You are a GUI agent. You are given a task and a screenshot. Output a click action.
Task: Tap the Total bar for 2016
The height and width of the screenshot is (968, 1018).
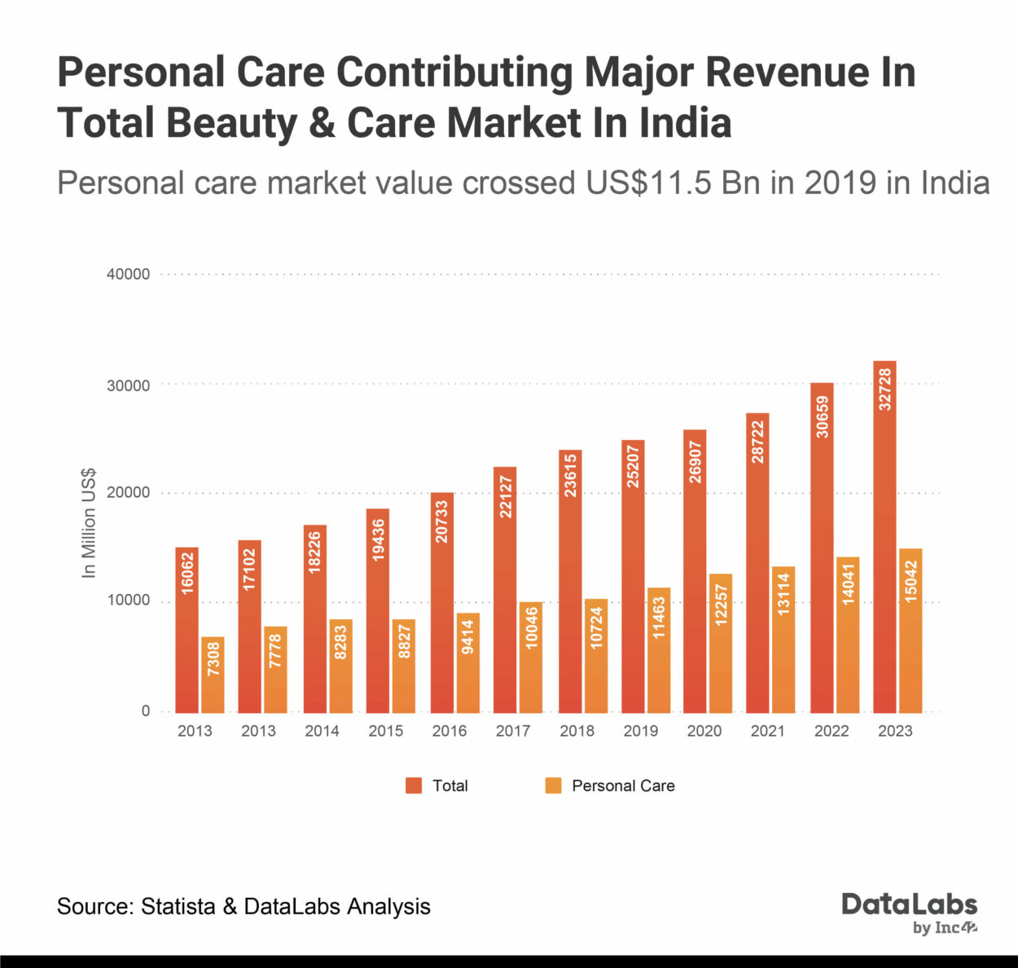pos(442,602)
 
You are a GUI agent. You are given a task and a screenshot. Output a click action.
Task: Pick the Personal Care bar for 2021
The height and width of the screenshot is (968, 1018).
pos(783,639)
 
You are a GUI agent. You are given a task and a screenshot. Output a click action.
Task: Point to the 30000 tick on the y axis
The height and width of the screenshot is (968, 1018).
pos(129,385)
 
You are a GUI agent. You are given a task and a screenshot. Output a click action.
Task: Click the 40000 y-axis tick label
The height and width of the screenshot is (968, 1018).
pos(129,275)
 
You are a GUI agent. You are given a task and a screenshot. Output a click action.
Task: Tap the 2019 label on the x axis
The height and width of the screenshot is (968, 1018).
pos(640,731)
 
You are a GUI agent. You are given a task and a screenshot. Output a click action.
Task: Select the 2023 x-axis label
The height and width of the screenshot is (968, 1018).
pos(895,731)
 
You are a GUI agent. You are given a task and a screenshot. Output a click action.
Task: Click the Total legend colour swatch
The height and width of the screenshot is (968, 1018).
pos(414,785)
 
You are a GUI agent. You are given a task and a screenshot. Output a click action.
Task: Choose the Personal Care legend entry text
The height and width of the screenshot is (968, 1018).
pos(623,785)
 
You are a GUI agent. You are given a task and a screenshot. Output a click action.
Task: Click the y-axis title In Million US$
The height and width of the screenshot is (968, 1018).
pos(89,523)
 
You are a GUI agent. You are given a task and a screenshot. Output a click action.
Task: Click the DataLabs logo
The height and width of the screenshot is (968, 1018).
pos(909,913)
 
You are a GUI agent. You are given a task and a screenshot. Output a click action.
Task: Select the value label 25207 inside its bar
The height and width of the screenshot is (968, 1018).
pos(633,468)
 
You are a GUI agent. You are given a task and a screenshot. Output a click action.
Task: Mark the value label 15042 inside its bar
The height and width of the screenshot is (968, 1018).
pos(910,581)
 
